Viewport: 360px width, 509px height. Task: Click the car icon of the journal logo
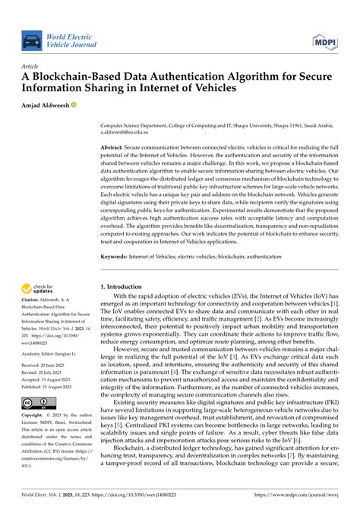pyautogui.click(x=31, y=41)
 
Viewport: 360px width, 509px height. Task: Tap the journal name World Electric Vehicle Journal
pyautogui.click(x=71, y=41)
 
